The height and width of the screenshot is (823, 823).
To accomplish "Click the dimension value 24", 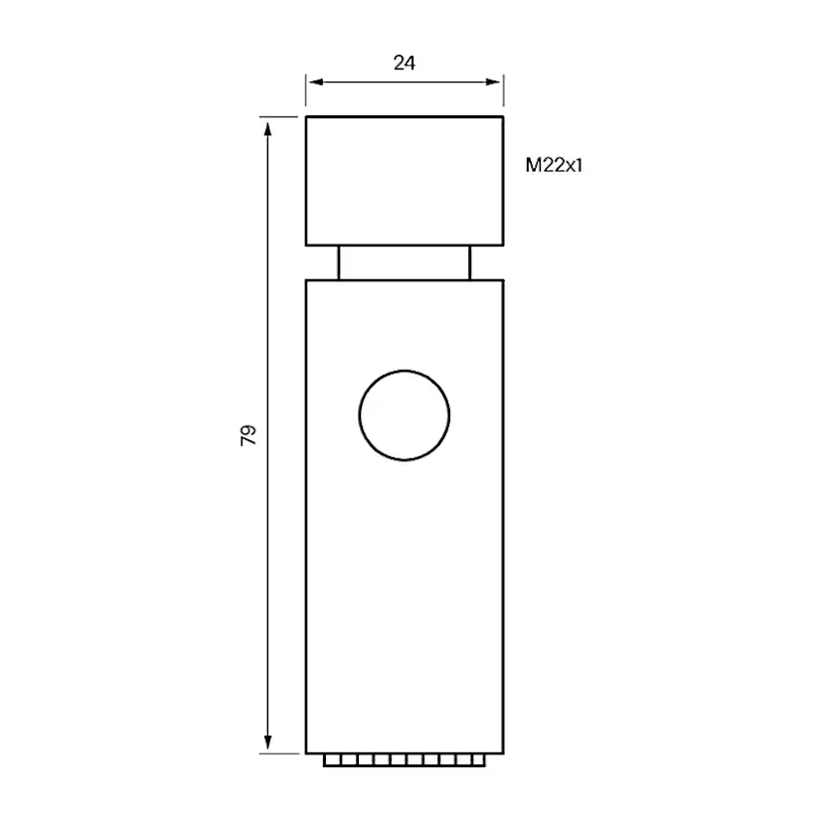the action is click(405, 63).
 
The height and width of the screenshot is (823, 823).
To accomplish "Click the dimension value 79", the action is click(247, 435).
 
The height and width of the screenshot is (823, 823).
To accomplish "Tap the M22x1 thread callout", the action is click(554, 165).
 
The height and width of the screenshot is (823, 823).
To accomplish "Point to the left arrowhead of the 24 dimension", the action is click(316, 82).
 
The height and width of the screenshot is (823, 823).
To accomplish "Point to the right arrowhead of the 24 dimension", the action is click(493, 82).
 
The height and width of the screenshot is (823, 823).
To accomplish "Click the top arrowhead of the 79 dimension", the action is click(267, 129).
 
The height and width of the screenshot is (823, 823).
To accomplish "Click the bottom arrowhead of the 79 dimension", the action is click(267, 741).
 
